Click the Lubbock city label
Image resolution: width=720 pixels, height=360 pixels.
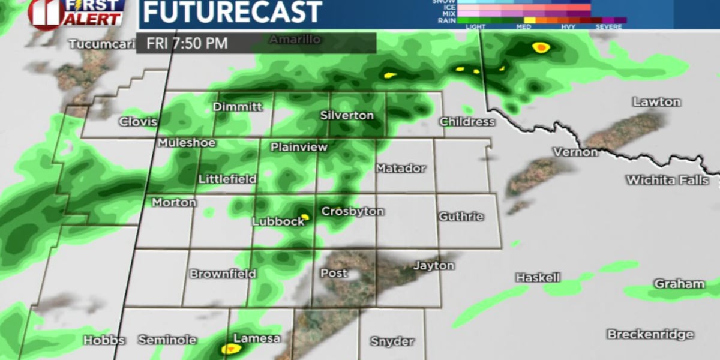[x=278, y=221]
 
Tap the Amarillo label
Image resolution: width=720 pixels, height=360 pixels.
[x=295, y=40]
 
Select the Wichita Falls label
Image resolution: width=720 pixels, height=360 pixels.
[x=667, y=180]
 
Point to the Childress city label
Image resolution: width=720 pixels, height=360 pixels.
[x=467, y=122]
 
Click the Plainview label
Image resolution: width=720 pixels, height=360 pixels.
[x=299, y=147]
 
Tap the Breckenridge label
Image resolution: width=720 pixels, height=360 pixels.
[x=650, y=334]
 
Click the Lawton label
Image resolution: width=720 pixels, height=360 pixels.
[x=656, y=102]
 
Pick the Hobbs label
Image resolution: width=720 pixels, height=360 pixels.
[x=104, y=340]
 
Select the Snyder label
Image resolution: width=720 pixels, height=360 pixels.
[x=392, y=341]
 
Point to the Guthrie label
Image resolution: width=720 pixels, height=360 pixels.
[x=461, y=217]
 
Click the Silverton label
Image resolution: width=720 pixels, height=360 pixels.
[x=347, y=115]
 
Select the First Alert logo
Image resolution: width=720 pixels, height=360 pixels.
[x=76, y=13]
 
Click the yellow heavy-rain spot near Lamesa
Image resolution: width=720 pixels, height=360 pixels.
[x=228, y=348]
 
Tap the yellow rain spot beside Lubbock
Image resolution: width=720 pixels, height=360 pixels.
[x=305, y=217]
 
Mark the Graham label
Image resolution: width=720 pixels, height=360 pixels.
[x=671, y=284]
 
